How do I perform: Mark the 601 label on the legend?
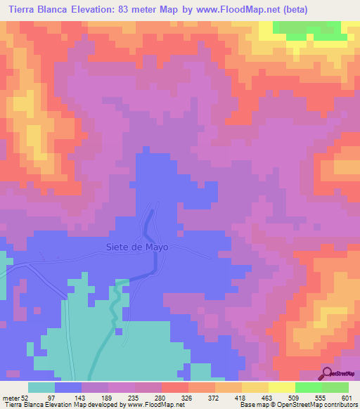[x=346, y=398]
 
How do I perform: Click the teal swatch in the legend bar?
[x=41, y=387]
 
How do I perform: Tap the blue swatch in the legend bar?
[x=68, y=387]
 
